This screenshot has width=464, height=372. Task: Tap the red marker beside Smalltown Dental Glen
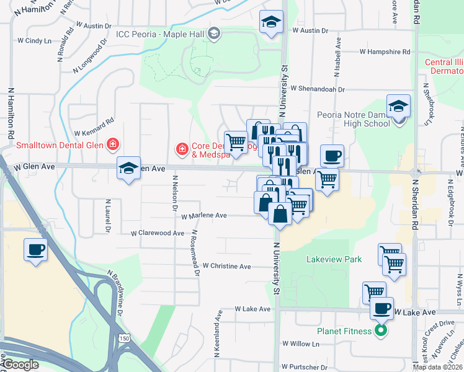click(x=113, y=146)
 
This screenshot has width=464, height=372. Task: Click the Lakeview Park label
click(x=334, y=260)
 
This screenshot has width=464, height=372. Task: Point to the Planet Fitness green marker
click(x=381, y=330)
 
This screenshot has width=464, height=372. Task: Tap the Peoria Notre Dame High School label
click(x=353, y=119)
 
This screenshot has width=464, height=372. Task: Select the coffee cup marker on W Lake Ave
click(x=381, y=308)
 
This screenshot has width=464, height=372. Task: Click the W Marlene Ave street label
click(x=204, y=215)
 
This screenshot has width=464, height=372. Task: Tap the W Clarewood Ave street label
click(x=158, y=234)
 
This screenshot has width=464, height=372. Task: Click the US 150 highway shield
click(x=123, y=338)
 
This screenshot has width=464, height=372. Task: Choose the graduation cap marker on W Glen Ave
click(x=128, y=168)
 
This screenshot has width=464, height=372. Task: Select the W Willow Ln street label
click(x=300, y=343)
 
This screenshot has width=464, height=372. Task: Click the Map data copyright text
click(x=437, y=367)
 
